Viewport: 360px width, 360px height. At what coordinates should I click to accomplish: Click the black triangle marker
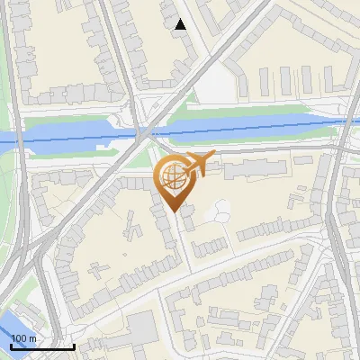click(181, 24)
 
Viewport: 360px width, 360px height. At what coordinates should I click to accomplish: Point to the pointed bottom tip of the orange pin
click(174, 212)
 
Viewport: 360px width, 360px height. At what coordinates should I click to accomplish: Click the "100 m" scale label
click(24, 337)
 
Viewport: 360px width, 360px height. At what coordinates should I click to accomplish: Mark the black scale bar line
click(42, 346)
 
